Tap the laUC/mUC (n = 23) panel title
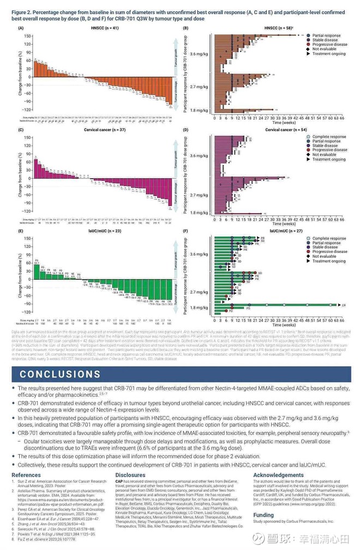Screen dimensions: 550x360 click(99, 231)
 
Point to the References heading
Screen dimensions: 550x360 click(26, 475)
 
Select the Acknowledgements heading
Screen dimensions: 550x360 click(278, 475)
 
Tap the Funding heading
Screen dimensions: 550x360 click(263, 515)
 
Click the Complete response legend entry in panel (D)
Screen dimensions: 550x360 click(329, 137)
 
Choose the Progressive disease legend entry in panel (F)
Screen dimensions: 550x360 click(330, 252)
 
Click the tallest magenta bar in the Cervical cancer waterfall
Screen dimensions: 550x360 click(36, 162)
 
